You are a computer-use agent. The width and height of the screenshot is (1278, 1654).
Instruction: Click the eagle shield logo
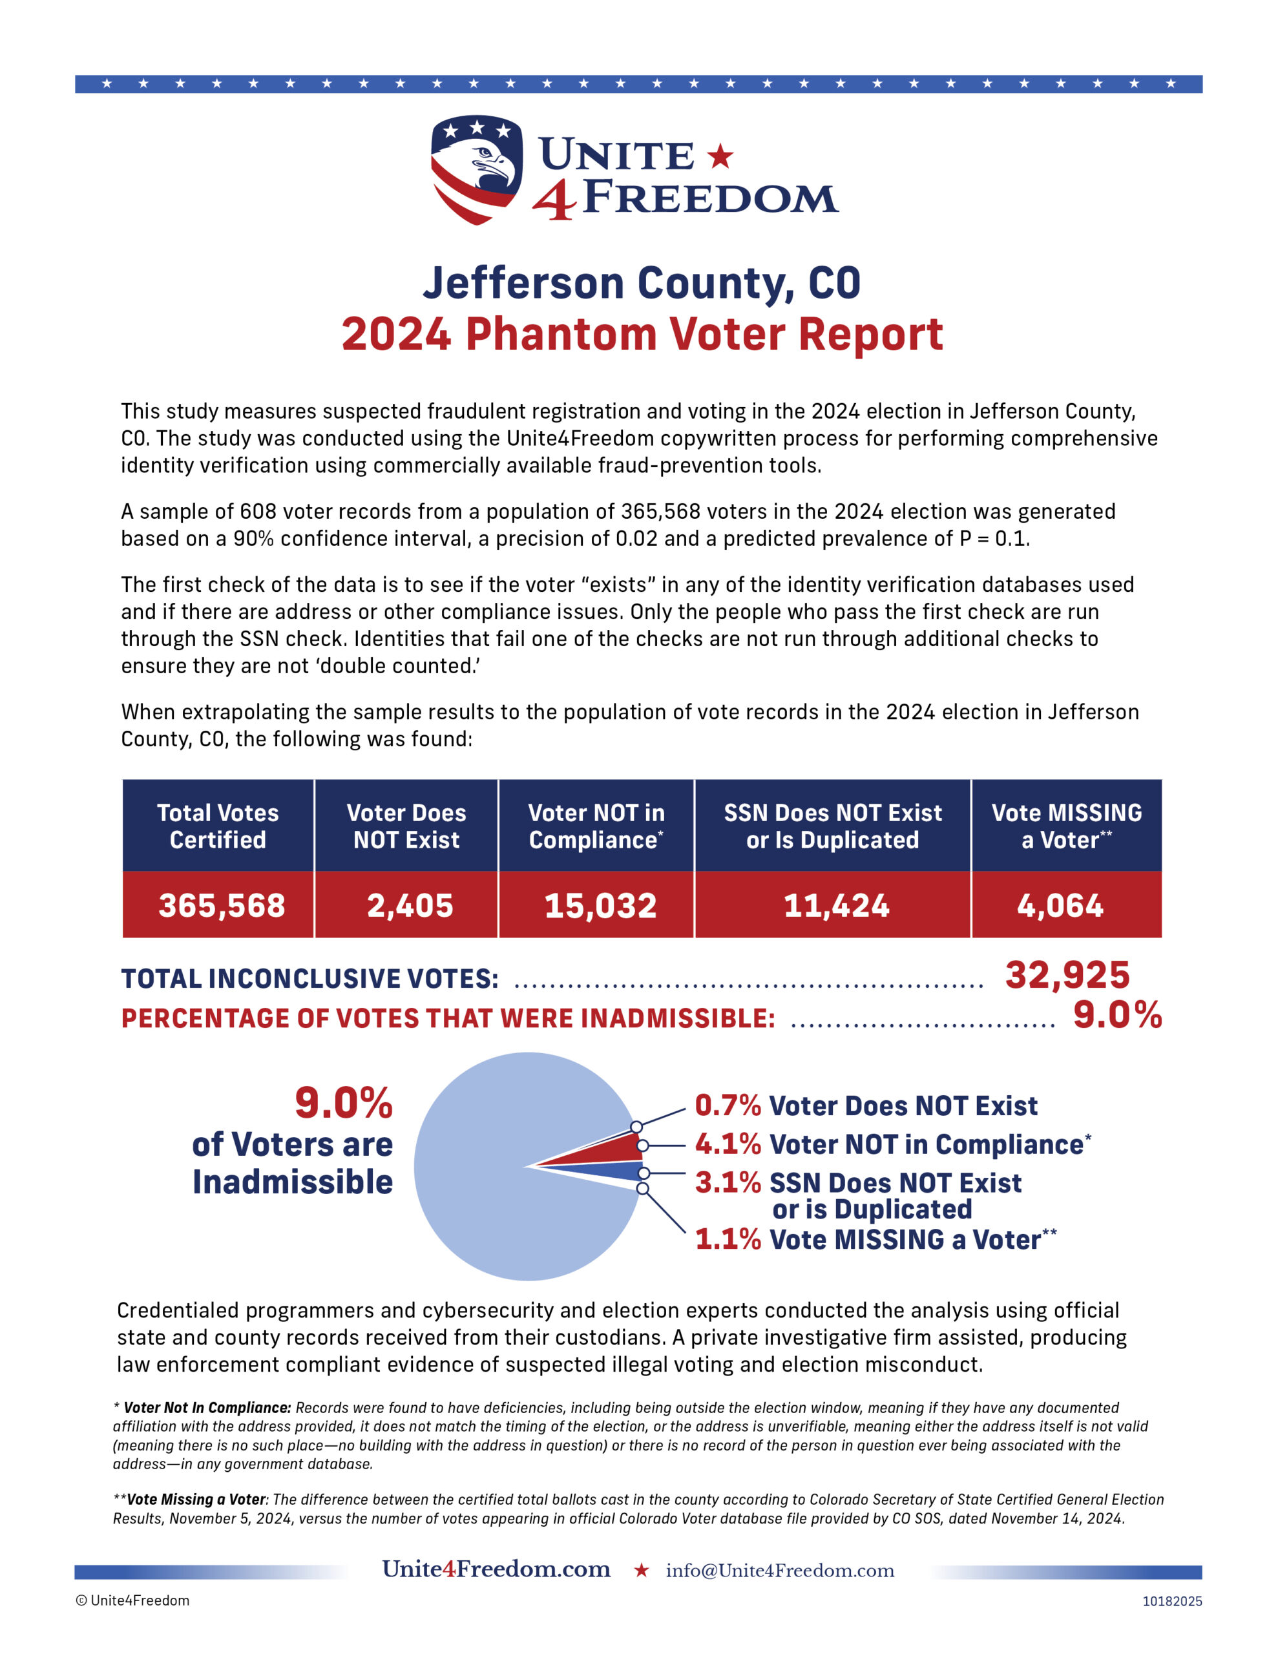[476, 169]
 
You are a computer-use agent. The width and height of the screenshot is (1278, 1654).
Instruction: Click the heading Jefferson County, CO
[641, 283]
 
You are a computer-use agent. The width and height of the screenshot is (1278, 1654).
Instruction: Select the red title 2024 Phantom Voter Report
[641, 334]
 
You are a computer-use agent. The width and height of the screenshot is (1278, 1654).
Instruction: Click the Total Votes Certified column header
[218, 826]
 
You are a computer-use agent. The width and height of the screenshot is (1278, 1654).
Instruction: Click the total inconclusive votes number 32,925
[1067, 975]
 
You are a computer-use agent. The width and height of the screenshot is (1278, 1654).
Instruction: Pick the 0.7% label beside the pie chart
[728, 1105]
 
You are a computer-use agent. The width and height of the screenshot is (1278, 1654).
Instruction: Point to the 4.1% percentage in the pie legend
[728, 1144]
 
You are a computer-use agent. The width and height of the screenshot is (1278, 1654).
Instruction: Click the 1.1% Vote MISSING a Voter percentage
[728, 1240]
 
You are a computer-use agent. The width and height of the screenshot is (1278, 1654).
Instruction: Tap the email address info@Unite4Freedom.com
[779, 1571]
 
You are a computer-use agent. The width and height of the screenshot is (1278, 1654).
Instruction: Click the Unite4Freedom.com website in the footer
[496, 1569]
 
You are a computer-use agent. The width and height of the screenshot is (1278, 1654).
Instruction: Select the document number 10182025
[1171, 1601]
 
